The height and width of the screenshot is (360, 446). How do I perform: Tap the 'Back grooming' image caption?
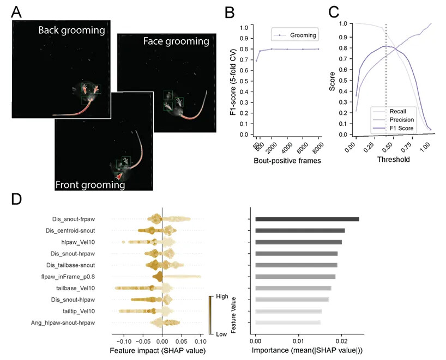point(71,30)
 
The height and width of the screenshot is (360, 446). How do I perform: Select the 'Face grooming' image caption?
point(176,41)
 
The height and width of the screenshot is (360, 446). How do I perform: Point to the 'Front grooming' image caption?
point(91,185)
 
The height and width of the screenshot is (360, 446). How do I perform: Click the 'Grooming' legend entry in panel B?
point(304,35)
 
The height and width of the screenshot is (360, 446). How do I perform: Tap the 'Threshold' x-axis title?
point(394,160)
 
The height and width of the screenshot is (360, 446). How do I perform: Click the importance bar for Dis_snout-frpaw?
point(307,219)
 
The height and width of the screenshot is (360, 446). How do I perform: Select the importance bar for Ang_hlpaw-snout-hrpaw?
point(288,323)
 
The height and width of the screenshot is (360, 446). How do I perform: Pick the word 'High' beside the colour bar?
point(222,297)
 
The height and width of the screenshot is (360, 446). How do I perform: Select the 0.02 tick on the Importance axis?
point(341,341)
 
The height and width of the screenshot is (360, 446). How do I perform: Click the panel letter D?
point(17,199)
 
